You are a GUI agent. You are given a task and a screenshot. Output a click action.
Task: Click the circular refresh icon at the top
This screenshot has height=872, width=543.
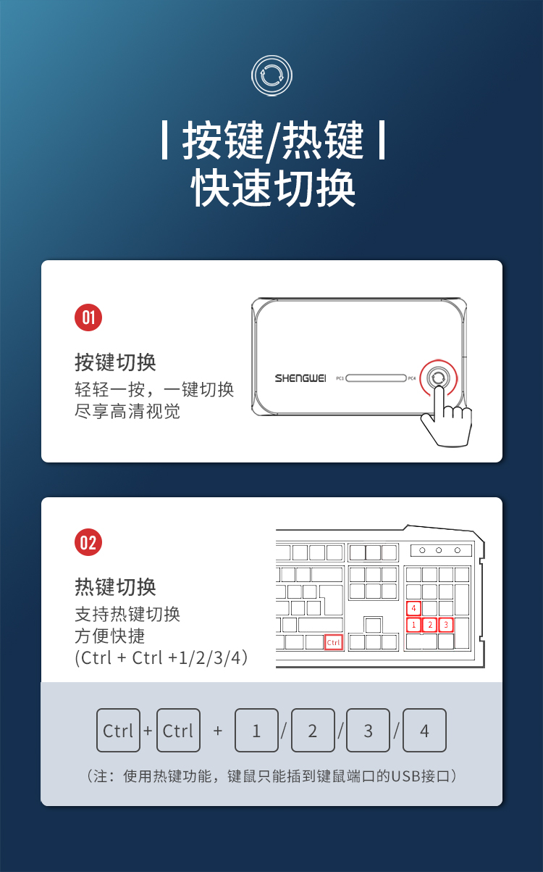tap(271, 75)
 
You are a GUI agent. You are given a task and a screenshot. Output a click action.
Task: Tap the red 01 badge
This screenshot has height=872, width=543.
tap(88, 317)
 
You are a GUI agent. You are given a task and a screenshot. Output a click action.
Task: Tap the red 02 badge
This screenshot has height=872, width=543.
tap(88, 542)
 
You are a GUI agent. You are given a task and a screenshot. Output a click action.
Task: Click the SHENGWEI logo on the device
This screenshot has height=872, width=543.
tap(300, 378)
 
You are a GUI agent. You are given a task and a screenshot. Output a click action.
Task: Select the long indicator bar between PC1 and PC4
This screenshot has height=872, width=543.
tap(376, 378)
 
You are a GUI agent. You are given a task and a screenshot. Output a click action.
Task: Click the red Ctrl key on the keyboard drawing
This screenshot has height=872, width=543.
tap(334, 642)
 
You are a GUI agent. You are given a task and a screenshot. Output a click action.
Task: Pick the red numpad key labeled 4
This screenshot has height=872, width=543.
tap(413, 608)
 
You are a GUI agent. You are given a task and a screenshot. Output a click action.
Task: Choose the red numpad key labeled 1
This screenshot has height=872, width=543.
tap(413, 625)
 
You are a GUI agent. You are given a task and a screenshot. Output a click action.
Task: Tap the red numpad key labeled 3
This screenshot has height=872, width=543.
tap(446, 625)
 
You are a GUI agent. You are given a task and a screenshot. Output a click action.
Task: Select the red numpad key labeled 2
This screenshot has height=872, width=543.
tap(430, 625)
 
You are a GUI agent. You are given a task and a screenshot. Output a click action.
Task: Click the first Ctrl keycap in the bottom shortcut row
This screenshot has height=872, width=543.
tap(118, 731)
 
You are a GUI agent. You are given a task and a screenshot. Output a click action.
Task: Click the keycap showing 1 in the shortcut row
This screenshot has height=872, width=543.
tap(256, 731)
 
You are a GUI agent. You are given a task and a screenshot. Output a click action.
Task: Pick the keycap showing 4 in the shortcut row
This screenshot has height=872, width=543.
tap(424, 731)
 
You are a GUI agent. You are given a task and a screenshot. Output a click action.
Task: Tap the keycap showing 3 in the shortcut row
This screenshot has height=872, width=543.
tap(368, 731)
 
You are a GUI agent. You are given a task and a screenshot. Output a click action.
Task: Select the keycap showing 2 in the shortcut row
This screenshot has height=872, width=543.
tap(313, 731)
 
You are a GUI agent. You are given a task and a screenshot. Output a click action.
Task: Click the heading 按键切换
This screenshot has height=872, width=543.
tap(115, 362)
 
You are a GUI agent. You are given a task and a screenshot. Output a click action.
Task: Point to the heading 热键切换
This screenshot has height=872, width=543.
tap(115, 587)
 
